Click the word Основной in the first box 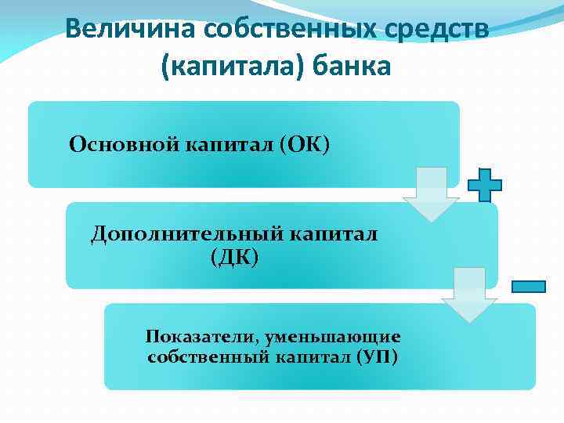(124, 144)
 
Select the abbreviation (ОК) (304, 144)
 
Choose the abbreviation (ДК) (233, 257)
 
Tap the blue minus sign (528, 287)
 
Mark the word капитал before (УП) (310, 357)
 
